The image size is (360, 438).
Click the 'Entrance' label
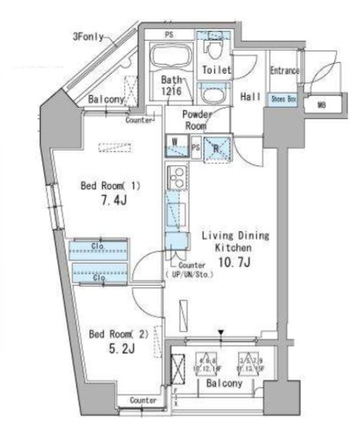(284, 71)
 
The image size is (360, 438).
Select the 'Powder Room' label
(196, 119)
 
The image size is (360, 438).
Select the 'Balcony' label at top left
(107, 100)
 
